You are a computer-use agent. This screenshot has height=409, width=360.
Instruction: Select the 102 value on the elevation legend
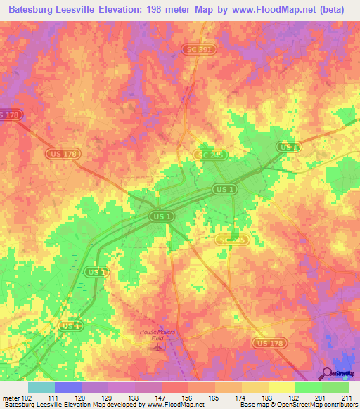tap(27, 398)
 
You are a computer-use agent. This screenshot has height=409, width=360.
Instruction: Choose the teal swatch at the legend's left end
tap(41, 387)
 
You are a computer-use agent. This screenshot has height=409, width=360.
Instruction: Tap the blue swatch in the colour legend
tap(68, 387)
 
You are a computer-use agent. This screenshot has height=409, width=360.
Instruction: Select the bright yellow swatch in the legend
tap(282, 387)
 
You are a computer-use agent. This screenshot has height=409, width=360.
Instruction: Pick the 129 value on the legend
tap(107, 398)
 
